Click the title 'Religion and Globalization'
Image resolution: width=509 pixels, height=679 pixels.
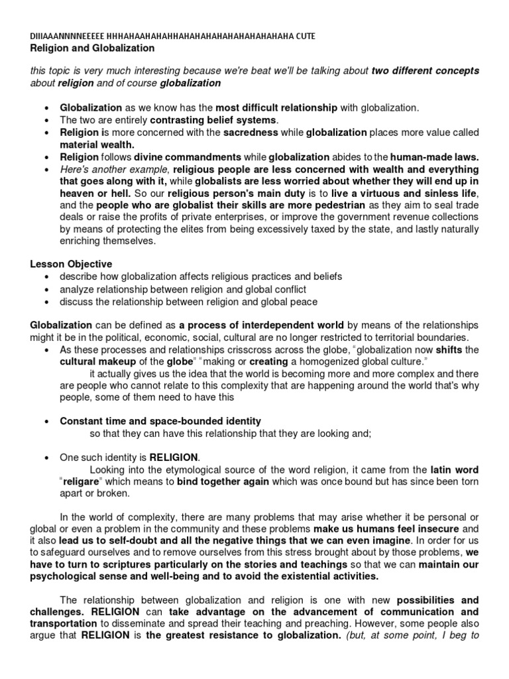pyautogui.click(x=92, y=48)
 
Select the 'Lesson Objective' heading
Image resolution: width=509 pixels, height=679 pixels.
pyautogui.click(x=70, y=263)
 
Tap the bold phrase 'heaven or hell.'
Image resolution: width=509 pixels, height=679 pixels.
pyautogui.click(x=95, y=193)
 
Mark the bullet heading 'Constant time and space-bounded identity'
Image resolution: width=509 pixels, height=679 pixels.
pyautogui.click(x=160, y=421)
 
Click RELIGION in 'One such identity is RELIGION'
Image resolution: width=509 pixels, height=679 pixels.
pyautogui.click(x=173, y=458)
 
